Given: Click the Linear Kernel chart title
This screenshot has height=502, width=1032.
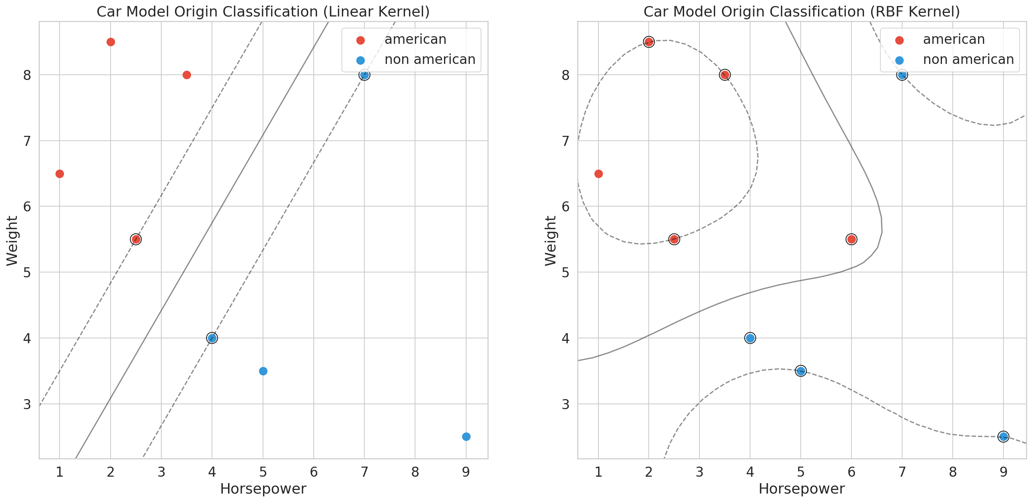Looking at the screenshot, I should [x=263, y=12].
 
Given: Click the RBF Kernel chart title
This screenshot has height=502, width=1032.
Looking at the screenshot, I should [x=802, y=12].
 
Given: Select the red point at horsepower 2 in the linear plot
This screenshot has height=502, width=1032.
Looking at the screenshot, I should [x=111, y=42].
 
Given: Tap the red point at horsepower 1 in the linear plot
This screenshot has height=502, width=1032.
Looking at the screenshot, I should [x=60, y=174].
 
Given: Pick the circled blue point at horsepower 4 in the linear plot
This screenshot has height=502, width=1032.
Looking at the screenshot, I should [x=212, y=338].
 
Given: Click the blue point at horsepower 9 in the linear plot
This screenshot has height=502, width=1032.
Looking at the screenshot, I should [x=466, y=436].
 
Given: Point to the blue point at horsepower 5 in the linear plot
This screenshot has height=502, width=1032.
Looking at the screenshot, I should [x=263, y=371].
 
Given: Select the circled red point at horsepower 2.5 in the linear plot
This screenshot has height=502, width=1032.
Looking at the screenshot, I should [x=136, y=240].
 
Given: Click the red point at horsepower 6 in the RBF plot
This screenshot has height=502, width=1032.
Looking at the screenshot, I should [x=851, y=240].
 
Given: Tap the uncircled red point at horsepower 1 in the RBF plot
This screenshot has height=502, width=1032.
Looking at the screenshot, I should [x=598, y=174].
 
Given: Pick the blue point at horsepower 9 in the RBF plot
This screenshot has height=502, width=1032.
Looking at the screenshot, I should [x=1003, y=436].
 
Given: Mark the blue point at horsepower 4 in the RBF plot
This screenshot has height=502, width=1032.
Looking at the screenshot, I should [x=750, y=338].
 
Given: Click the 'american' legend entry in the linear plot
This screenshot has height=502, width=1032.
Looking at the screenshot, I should [x=415, y=39].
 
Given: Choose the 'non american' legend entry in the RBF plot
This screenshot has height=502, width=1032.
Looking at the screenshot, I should [x=968, y=59].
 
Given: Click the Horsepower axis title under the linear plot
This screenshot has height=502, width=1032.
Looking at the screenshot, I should [x=263, y=489].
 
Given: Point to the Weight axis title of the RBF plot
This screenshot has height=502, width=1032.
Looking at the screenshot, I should [x=550, y=241].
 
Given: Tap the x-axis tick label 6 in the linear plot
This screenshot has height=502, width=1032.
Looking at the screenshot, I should [x=314, y=472].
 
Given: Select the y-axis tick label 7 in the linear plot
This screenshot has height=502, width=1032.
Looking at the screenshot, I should [x=27, y=141].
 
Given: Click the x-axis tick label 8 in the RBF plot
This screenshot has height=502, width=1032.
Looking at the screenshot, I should [x=953, y=472].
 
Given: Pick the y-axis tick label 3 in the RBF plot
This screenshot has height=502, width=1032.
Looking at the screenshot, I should [x=565, y=404].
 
